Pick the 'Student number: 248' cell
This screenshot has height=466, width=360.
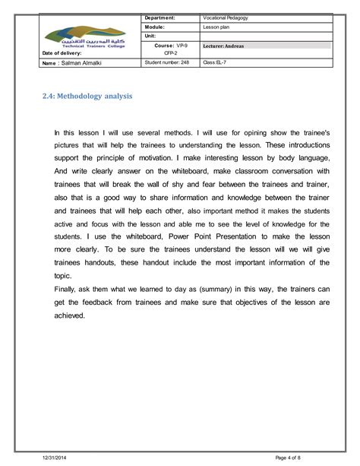(166, 64)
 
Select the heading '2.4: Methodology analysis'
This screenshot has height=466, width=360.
(90, 97)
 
